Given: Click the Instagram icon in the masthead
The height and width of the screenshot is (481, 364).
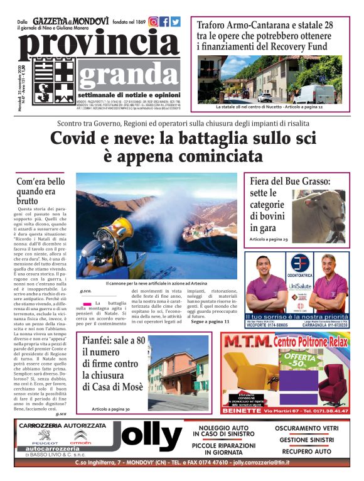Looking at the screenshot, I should tap(153, 22).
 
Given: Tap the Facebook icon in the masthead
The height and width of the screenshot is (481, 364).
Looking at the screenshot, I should tap(164, 22).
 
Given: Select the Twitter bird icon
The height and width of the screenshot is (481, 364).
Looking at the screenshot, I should tap(176, 22).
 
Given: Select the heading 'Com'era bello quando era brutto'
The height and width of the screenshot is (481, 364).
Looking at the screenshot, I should tap(40, 191).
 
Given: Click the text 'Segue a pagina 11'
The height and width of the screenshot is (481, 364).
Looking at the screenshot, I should tap(209, 322).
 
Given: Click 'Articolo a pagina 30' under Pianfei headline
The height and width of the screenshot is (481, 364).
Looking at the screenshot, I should tap(110, 409).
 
